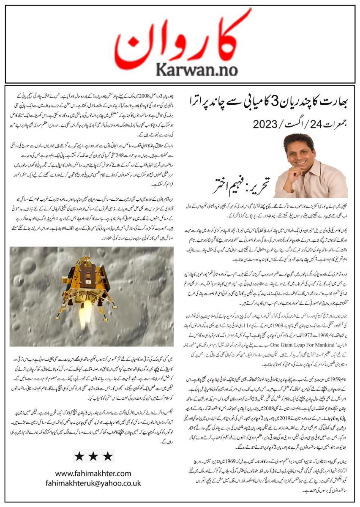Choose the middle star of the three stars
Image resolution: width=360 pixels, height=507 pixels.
pyautogui.click(x=93, y=456)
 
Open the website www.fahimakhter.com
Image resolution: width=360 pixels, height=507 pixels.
pyautogui.click(x=93, y=474)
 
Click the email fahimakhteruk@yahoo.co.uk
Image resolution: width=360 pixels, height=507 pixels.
pyautogui.click(x=93, y=482)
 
